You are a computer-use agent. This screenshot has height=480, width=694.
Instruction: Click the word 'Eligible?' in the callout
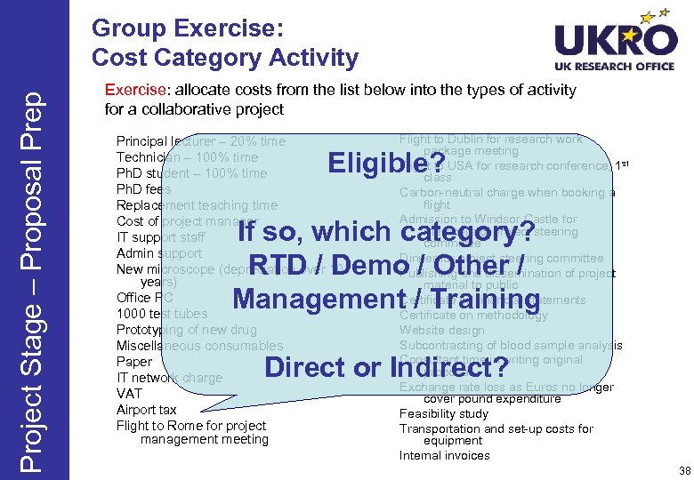tap(380, 164)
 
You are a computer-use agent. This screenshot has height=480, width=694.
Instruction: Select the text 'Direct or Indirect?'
tap(386, 366)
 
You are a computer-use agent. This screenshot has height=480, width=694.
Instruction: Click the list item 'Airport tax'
tap(147, 410)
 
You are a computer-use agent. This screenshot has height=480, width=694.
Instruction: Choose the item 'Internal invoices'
tap(444, 455)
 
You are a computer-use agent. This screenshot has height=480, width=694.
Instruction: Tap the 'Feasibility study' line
tap(444, 413)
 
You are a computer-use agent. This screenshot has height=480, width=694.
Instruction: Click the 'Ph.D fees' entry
tap(143, 189)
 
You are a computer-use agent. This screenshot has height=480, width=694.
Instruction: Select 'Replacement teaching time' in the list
tap(197, 205)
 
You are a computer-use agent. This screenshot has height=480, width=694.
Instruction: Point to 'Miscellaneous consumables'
tap(199, 346)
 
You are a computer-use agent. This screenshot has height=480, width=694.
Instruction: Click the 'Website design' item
tap(442, 330)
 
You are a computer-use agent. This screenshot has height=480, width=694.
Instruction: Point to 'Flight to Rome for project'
tap(191, 426)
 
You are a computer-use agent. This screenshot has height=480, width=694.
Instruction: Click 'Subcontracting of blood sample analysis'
tap(511, 345)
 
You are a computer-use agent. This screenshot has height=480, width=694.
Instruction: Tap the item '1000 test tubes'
tap(162, 314)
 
